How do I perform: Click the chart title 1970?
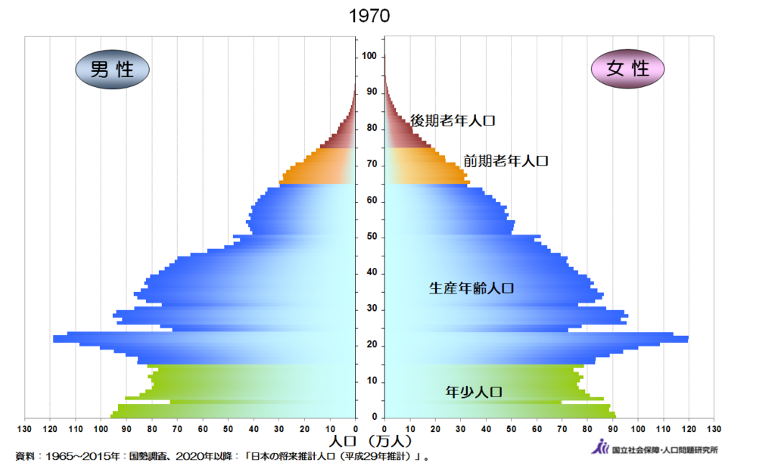coord(370,16)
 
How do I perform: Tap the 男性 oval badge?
coord(112,70)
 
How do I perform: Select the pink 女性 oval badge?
coord(628,69)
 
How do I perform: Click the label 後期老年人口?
coord(452,120)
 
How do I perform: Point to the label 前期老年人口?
coord(505,161)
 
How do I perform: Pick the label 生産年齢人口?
coord(472,288)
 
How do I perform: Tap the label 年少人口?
coord(474,392)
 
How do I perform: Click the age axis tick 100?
coord(370,57)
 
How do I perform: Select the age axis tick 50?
coord(370,238)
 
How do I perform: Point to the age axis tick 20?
coord(370,346)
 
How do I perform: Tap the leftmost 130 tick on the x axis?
coord(26,430)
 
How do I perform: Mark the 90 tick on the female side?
coord(612,430)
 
